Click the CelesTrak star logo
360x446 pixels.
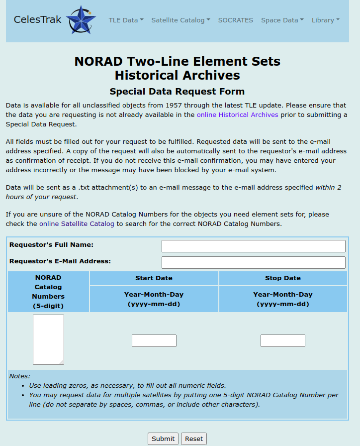click(81, 20)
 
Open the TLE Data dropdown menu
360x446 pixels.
click(126, 20)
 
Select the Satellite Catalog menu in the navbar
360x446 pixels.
click(180, 20)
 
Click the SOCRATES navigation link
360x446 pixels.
click(236, 20)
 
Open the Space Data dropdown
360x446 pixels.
click(282, 20)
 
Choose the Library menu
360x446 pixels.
click(325, 20)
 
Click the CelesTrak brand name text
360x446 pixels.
click(38, 20)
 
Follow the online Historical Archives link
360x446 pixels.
click(237, 114)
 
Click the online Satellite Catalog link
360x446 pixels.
click(77, 224)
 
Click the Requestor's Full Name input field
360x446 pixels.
click(253, 246)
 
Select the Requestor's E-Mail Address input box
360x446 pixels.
click(253, 262)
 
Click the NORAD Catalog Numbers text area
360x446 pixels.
click(48, 339)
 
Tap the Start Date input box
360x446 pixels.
click(154, 340)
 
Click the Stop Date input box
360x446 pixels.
click(282, 340)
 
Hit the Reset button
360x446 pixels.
click(194, 439)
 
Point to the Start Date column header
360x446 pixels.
click(154, 278)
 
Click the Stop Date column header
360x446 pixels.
click(282, 278)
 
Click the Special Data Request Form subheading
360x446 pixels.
click(177, 92)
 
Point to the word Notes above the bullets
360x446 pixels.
click(20, 376)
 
